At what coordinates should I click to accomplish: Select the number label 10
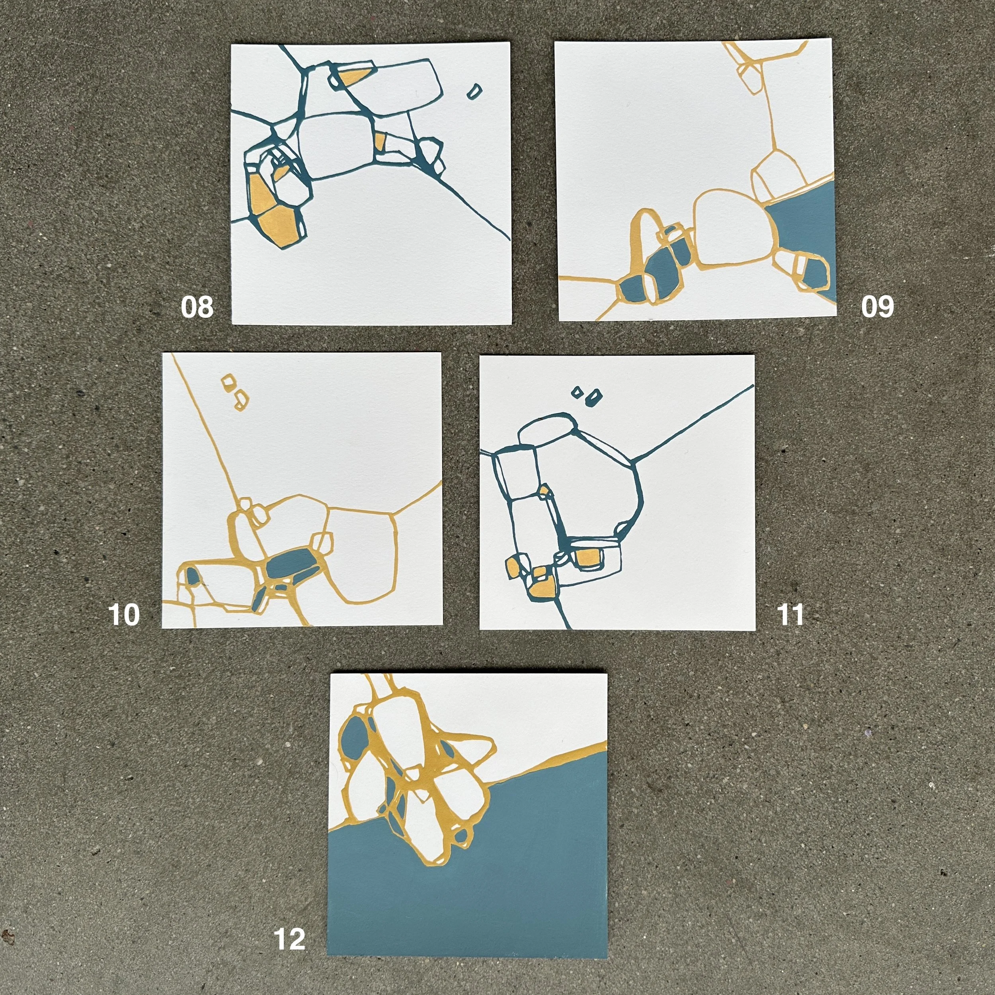[x=124, y=615]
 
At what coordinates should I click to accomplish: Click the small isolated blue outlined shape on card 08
[x=474, y=91]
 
